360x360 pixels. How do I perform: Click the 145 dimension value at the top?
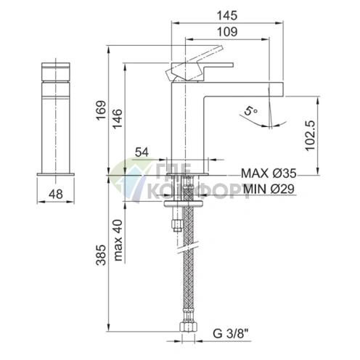coord(227,16)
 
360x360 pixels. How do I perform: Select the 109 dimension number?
coord(227,32)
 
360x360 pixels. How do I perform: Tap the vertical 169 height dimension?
coord(101,110)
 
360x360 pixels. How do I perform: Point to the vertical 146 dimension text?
coord(118,118)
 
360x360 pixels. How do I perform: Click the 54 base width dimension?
coord(142,152)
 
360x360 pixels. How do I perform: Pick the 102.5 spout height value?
coord(311,136)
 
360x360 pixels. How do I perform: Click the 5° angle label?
coord(250,110)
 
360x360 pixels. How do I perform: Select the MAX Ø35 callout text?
coord(269,173)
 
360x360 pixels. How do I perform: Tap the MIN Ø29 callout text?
coord(269,189)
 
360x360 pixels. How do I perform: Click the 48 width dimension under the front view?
coord(56,194)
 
